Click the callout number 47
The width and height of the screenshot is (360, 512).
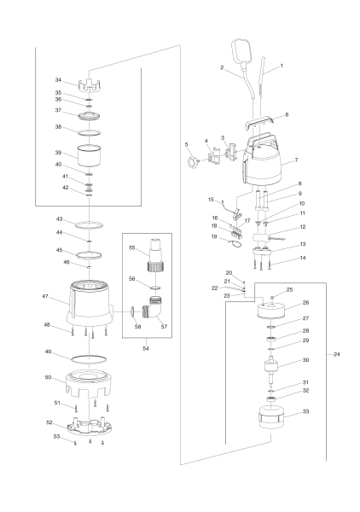44,297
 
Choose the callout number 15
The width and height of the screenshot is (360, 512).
210,200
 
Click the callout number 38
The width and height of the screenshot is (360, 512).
58,127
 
